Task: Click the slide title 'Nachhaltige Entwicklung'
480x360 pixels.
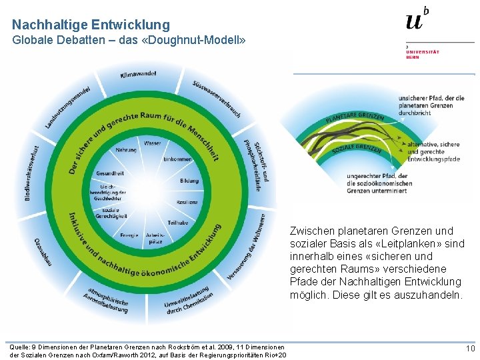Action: coord(91,25)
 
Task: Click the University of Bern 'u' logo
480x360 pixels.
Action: coord(415,21)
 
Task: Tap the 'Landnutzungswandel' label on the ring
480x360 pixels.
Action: coord(67,107)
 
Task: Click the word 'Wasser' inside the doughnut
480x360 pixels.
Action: coord(152,143)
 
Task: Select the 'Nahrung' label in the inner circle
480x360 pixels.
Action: coord(125,150)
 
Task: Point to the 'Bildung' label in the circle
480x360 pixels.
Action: coord(189,181)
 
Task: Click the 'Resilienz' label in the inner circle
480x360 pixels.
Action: coord(187,201)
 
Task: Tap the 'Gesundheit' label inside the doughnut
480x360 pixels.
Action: coord(109,173)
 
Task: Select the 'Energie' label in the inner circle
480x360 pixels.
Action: coord(129,235)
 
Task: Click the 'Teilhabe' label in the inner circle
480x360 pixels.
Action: coord(177,222)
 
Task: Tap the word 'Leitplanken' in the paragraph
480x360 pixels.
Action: coord(390,243)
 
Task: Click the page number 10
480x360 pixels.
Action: coord(470,349)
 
